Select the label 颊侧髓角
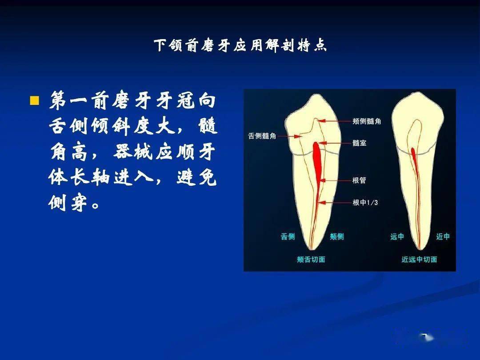click(367, 121)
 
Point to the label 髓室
click(359, 144)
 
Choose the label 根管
click(359, 180)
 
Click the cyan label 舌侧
click(288, 237)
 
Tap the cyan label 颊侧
click(336, 237)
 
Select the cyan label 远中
click(397, 237)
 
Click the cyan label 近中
click(443, 237)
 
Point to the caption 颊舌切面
click(311, 260)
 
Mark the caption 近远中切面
click(419, 260)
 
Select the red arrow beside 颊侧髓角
click(334, 120)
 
